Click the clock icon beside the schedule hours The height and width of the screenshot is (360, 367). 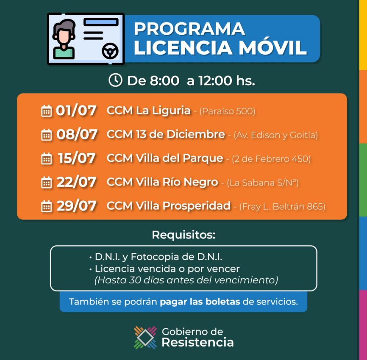pos(115,80)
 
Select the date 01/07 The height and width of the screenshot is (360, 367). pos(76,111)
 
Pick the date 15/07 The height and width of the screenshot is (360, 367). pos(77,158)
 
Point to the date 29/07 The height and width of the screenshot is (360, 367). pos(77,206)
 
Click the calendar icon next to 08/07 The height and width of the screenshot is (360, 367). pos(46,135)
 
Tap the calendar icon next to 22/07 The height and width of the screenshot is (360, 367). pos(46,182)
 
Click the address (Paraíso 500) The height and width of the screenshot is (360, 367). pos(227,111)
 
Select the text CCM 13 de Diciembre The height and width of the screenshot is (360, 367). pos(166,134)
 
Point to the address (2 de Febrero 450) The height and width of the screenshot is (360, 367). pos(271,159)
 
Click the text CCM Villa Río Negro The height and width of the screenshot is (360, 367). pos(162,182)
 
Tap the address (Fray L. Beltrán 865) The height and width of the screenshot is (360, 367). pos(282,207)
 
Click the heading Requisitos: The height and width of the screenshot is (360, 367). pos(183,235)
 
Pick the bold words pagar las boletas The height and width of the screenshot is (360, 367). pos(200,302)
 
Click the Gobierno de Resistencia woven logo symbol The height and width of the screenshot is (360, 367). pos(145,337)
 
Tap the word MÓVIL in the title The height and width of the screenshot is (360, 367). pos(272,47)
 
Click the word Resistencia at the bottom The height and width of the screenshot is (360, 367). pos(197,342)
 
